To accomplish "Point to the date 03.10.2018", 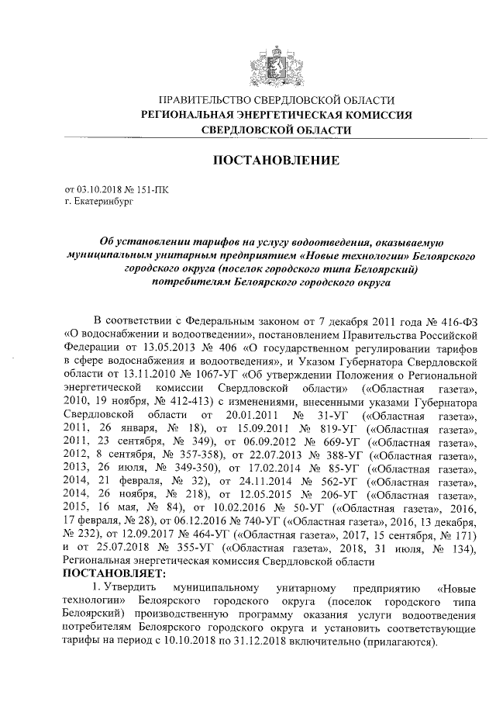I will [98, 189].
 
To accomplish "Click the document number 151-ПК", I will [152, 189].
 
